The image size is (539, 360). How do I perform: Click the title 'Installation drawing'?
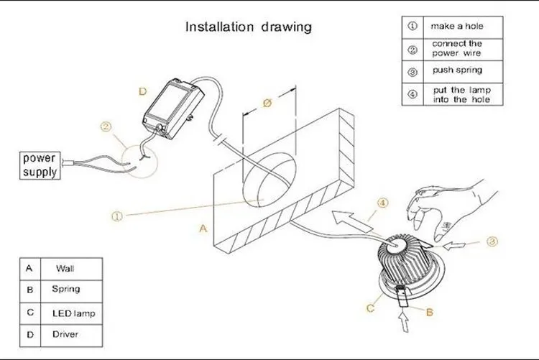249,27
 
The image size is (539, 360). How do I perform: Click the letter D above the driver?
142,91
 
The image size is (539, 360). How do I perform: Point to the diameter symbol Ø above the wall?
267,103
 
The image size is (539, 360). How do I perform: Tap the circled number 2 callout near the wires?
106,127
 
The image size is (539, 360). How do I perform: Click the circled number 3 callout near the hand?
492,242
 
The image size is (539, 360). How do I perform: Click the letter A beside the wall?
203,229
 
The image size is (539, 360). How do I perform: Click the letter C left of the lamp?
370,308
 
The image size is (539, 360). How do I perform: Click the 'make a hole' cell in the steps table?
456,26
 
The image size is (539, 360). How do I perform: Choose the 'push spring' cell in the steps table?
456,72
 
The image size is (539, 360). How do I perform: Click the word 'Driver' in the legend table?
66,334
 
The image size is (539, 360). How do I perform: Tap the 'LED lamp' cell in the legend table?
73,313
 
